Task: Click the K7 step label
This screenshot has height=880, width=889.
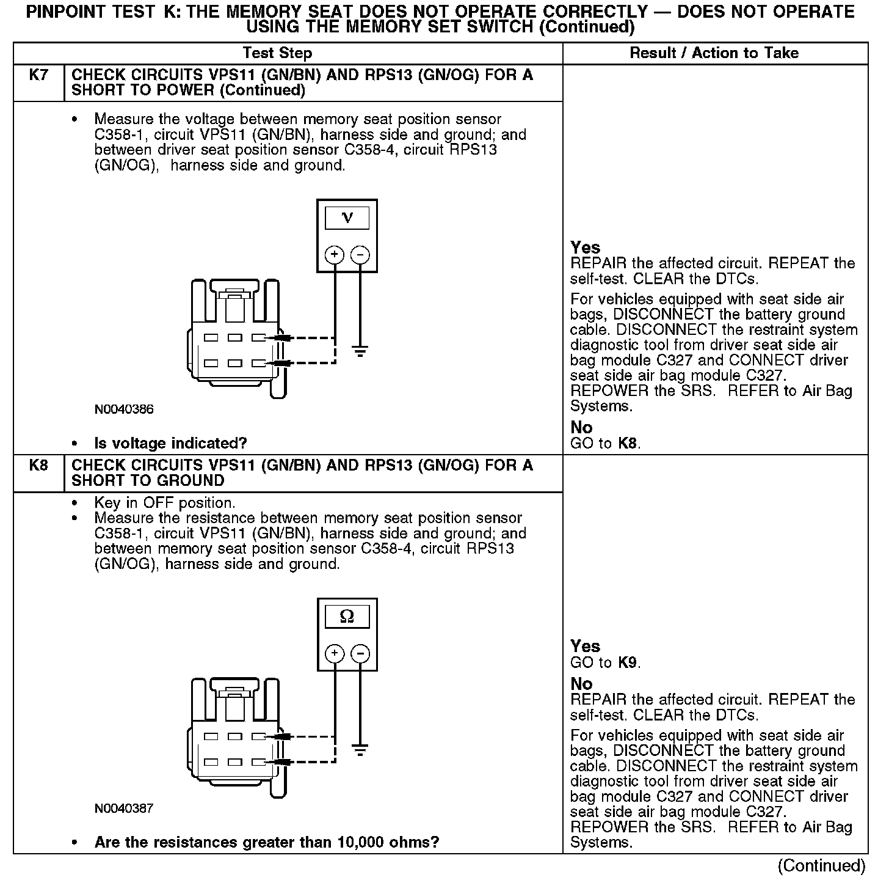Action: coord(38,75)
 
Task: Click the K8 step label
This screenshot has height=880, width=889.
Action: coord(38,466)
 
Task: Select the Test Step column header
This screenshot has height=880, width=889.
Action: coord(277,53)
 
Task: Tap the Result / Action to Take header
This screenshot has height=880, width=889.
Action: coord(714,53)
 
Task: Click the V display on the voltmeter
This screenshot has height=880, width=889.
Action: coord(347,218)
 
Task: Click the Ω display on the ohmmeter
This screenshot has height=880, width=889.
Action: coord(347,617)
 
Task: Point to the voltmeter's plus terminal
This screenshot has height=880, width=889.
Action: coord(335,255)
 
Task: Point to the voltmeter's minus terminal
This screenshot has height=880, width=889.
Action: coord(361,255)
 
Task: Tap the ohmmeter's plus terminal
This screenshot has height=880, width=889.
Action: coord(335,654)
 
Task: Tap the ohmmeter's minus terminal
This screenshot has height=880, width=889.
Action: coord(361,654)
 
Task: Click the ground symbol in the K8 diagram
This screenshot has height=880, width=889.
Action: coord(361,750)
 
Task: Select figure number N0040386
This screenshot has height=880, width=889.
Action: coord(124,409)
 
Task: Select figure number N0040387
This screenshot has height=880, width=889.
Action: coord(124,809)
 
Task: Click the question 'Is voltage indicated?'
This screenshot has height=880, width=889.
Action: coord(170,443)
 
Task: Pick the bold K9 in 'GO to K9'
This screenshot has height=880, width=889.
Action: coord(628,662)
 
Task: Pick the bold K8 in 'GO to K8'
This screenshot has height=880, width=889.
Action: coord(628,443)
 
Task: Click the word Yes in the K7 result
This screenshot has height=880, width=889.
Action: coord(585,248)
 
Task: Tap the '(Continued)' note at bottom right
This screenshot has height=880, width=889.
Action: coord(821,866)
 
